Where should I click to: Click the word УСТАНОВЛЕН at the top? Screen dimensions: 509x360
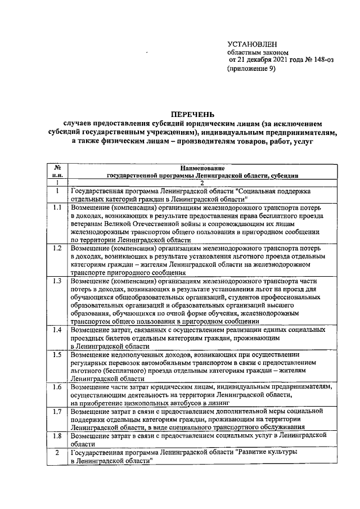click(253, 44)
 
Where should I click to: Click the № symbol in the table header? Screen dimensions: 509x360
click(57, 168)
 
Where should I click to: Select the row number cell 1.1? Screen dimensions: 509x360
click(57, 208)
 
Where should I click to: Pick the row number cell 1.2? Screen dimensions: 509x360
click(57, 248)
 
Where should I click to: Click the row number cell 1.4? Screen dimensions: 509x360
click(57, 328)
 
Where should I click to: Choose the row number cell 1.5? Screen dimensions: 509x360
click(57, 354)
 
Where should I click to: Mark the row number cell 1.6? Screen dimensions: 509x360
click(57, 387)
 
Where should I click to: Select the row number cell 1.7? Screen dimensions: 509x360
click(57, 412)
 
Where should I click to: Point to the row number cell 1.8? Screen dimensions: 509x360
click(57, 435)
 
